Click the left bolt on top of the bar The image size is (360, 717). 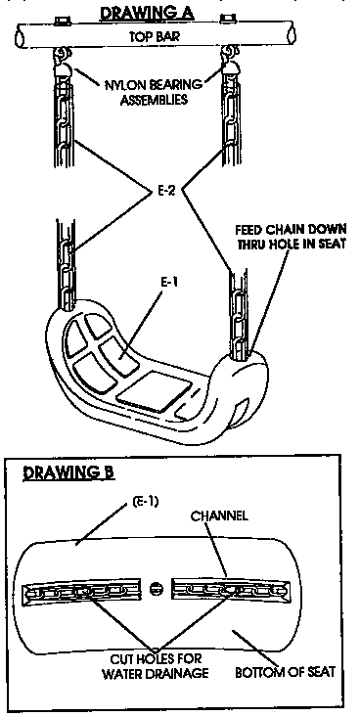[x=61, y=20]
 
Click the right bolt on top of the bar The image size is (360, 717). [x=229, y=20]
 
